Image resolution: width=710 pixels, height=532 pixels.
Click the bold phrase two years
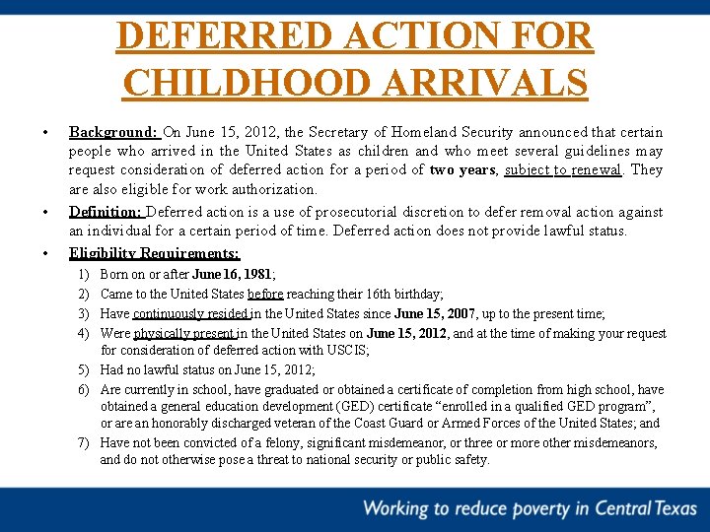pos(462,169)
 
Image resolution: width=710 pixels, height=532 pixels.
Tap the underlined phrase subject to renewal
pos(563,169)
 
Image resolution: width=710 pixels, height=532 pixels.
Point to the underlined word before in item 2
pos(265,295)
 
